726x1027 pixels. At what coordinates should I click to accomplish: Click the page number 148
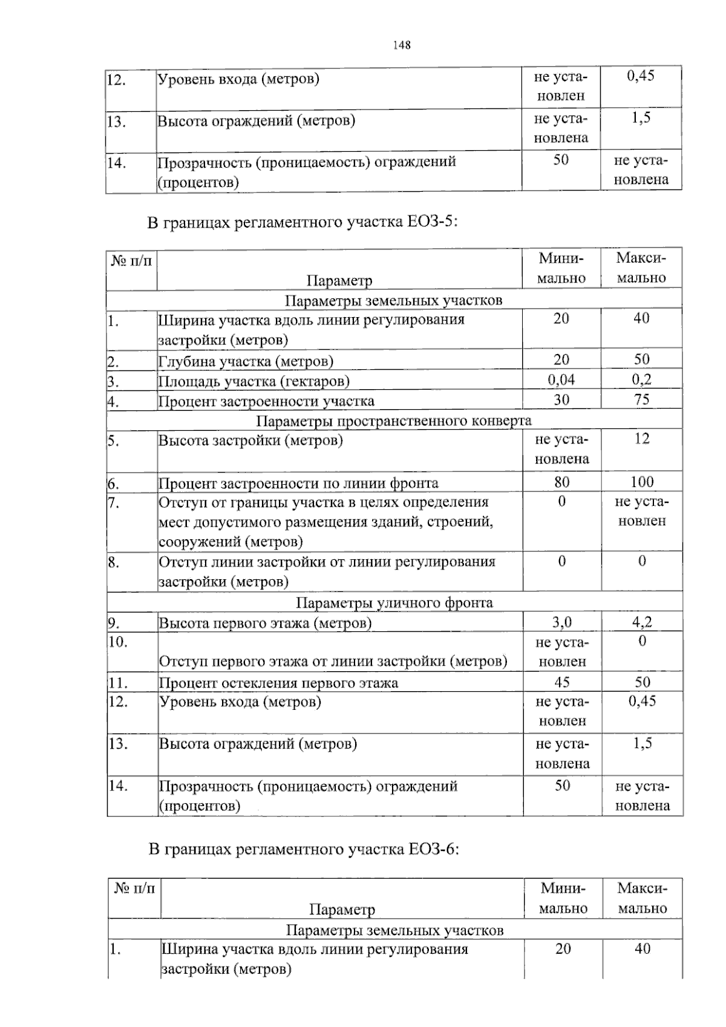click(402, 45)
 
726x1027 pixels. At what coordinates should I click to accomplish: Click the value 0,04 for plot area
click(561, 379)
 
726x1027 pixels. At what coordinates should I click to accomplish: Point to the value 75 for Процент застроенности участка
click(641, 399)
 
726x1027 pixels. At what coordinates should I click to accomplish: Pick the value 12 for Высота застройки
click(641, 439)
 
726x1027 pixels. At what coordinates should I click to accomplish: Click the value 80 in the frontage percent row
click(561, 482)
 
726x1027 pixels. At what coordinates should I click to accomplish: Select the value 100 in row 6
click(641, 482)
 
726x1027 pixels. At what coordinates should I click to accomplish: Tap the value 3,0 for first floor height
click(561, 622)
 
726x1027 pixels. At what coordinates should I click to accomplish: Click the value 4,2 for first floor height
click(641, 622)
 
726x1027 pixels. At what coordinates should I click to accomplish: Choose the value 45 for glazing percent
click(561, 682)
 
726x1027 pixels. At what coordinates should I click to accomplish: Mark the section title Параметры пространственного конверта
click(394, 421)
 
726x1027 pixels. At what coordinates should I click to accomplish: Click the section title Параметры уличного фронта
click(394, 602)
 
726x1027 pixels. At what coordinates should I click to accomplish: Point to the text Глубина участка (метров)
click(246, 362)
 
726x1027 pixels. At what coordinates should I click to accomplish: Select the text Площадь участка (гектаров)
click(253, 381)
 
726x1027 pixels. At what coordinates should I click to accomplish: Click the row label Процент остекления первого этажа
click(278, 683)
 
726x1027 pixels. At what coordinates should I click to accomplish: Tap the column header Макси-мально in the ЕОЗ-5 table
click(641, 268)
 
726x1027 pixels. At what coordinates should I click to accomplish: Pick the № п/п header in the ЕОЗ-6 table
click(134, 888)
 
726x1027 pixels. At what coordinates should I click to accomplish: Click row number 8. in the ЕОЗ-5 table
click(114, 562)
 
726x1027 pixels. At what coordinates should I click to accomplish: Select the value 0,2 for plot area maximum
click(641, 379)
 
